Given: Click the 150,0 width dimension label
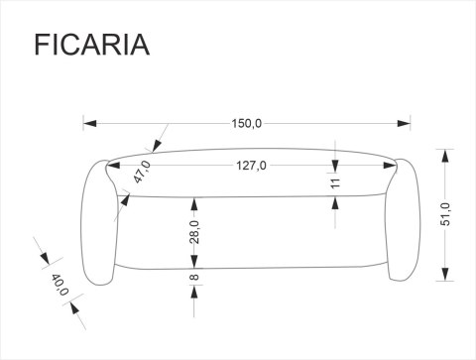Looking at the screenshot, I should pos(247,124).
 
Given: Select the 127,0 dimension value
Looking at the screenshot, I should pos(251,166).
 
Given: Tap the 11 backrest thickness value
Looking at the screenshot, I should pos(335,182).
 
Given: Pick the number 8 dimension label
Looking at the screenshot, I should pos(195,277).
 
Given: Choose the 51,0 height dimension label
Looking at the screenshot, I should pos(445,213).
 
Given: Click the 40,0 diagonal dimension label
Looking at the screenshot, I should pos(59,288).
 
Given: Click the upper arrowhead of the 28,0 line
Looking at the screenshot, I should pos(195,200).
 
